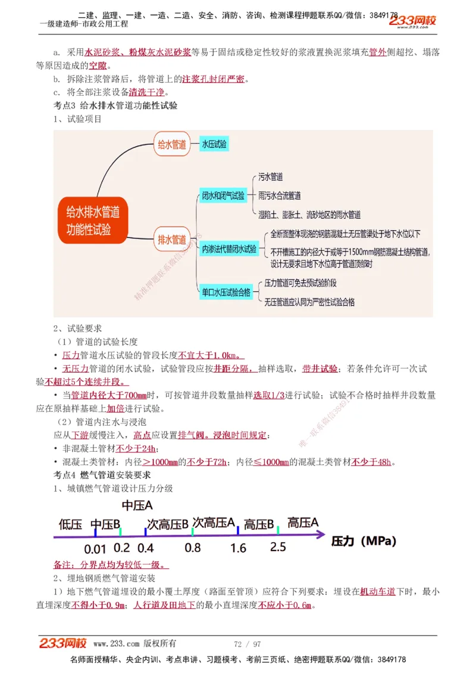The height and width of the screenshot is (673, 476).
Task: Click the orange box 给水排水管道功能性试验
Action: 93,220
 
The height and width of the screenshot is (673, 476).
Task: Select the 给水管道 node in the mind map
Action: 172,144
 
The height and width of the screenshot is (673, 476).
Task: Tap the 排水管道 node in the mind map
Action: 172,240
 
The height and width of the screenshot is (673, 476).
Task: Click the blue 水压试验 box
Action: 214,144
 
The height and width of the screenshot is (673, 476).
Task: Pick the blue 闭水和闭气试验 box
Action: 223,196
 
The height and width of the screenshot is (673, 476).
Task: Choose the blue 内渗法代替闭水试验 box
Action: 229,249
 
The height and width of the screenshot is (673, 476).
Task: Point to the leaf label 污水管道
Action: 271,177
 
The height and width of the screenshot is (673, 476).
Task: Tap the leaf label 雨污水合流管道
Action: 280,196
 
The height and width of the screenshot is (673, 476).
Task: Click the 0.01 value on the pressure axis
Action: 95,548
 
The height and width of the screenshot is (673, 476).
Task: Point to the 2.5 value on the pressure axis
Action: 278,547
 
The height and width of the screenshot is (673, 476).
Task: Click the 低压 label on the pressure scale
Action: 70,524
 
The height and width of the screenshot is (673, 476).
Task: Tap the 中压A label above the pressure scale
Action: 137,505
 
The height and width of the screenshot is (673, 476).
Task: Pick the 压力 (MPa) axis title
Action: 364,541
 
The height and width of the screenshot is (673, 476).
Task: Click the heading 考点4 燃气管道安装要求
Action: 102,475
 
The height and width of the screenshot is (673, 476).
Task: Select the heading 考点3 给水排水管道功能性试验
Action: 115,105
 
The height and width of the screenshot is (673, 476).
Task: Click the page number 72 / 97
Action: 248,644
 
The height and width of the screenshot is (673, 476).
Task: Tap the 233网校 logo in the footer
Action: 63,643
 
